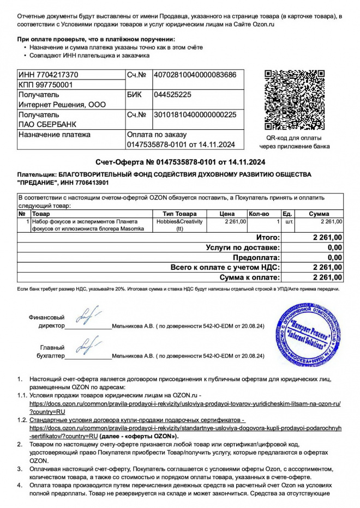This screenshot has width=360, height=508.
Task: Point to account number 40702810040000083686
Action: (x=195, y=75)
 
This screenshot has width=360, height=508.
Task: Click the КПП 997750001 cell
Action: (x=45, y=84)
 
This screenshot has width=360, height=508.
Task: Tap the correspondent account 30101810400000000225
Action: (x=195, y=115)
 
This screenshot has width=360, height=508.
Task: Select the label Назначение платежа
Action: (x=55, y=135)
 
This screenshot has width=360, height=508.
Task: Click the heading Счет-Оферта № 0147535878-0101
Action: (x=180, y=162)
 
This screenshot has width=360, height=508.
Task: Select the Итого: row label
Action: (x=268, y=238)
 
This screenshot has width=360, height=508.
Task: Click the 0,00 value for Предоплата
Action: (x=334, y=257)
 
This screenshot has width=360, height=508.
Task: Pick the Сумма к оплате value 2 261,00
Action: (x=328, y=277)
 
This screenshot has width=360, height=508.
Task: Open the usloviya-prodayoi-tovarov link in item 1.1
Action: (x=185, y=403)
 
